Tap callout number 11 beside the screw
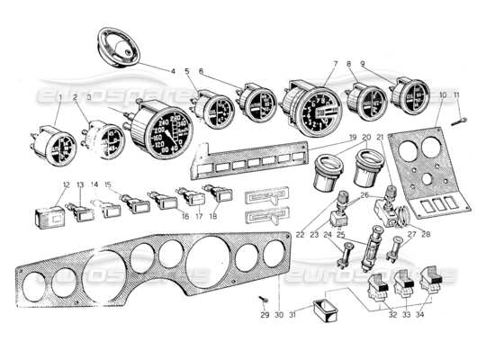[x=456, y=94]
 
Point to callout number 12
[x=66, y=186]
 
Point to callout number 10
[x=443, y=94]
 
